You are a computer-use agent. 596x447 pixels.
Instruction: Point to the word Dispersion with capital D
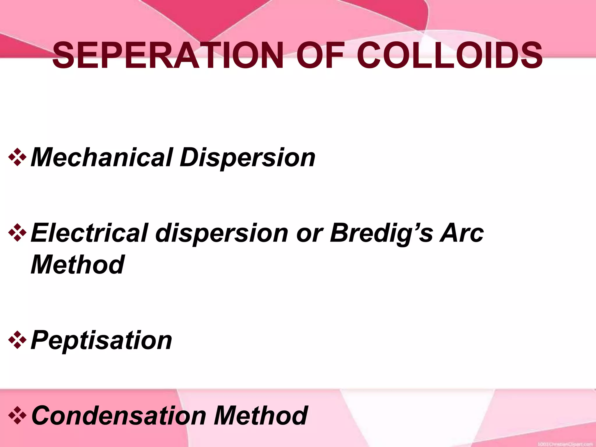(x=247, y=158)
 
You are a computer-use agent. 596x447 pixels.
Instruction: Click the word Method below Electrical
(x=77, y=264)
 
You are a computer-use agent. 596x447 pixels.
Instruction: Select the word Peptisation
(x=101, y=340)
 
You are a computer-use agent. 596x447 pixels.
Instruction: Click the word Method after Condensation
(x=261, y=415)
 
